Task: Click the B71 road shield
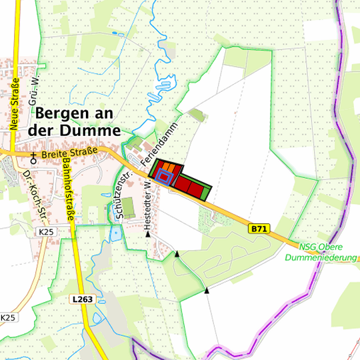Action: point(259,229)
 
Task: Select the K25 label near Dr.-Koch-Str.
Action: point(46,231)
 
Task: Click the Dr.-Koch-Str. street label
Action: point(33,193)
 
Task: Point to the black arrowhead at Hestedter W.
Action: point(148,235)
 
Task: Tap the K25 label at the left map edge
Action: point(7,317)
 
